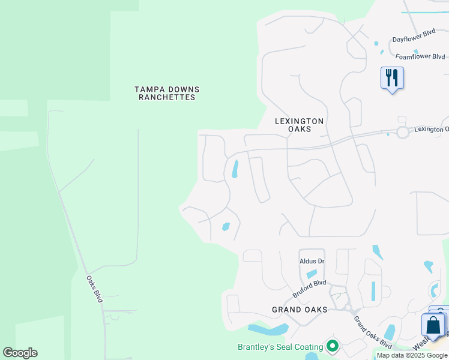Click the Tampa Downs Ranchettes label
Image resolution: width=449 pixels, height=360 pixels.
click(x=167, y=93)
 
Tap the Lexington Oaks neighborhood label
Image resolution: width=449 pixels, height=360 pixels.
click(x=299, y=125)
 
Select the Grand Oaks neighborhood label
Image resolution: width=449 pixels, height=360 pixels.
click(x=300, y=310)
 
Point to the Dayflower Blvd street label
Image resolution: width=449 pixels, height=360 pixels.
click(x=414, y=35)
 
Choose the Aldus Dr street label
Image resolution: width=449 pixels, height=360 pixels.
click(x=312, y=261)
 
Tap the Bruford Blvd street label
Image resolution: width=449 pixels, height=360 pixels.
click(x=309, y=288)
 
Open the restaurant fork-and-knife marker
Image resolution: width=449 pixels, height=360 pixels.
click(x=392, y=78)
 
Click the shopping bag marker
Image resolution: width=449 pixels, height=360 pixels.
click(x=433, y=325)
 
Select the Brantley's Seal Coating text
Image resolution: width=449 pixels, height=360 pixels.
click(x=280, y=347)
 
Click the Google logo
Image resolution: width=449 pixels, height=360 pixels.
click(x=20, y=353)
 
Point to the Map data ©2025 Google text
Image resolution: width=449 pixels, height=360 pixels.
click(x=412, y=355)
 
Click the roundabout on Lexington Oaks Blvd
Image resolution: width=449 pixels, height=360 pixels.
click(x=402, y=132)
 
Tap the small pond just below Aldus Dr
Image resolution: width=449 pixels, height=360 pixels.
click(x=312, y=274)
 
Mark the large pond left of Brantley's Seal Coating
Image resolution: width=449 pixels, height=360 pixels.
click(x=268, y=329)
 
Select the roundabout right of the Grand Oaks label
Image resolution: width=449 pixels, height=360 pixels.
click(x=348, y=307)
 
